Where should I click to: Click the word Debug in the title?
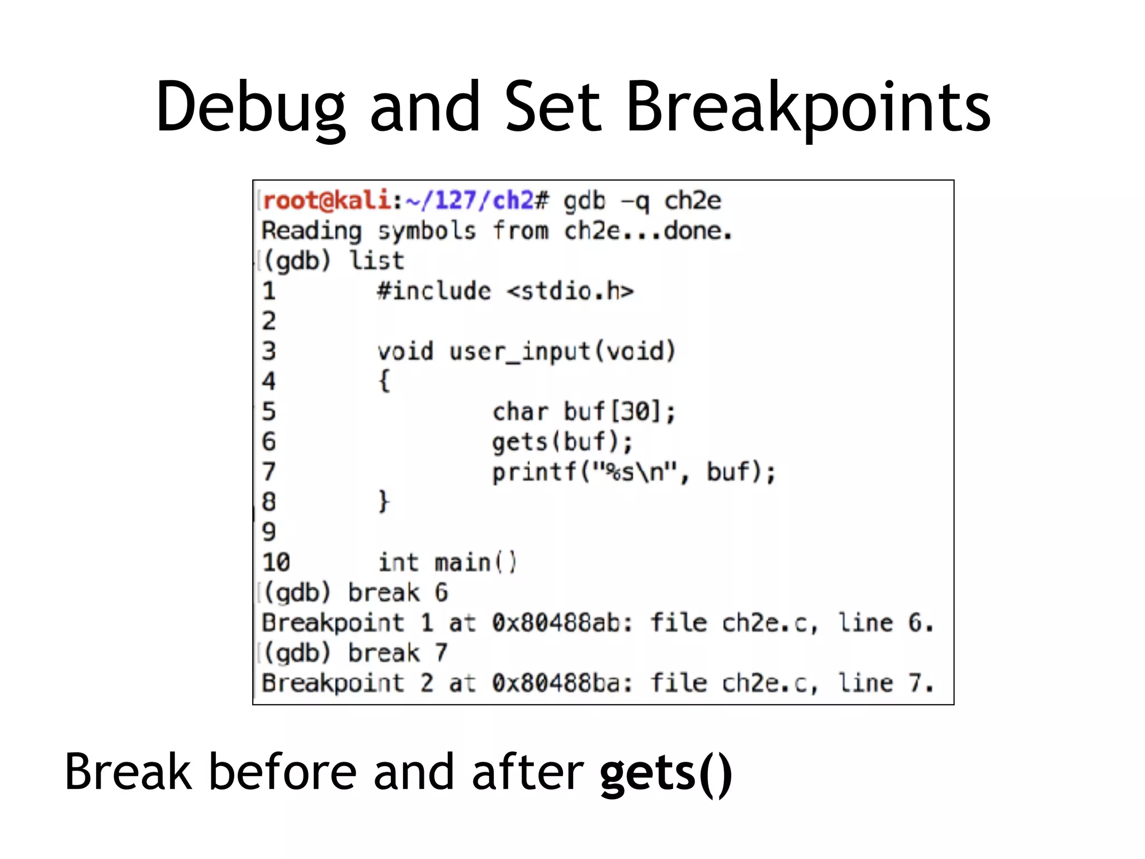point(250,108)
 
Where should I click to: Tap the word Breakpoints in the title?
point(808,108)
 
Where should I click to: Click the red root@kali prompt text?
point(327,201)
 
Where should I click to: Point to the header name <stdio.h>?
point(570,291)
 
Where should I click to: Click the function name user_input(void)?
point(562,352)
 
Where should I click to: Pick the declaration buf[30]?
point(619,412)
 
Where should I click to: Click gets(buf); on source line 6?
point(562,442)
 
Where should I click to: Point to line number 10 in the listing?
point(276,563)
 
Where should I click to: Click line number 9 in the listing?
point(269,532)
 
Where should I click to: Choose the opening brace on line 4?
point(384,382)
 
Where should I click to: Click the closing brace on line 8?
point(384,502)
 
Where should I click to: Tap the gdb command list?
point(376,261)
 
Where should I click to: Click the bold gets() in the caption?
point(665,773)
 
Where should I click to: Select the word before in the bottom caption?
point(282,772)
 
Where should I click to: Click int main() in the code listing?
point(447,563)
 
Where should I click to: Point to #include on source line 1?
point(434,291)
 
